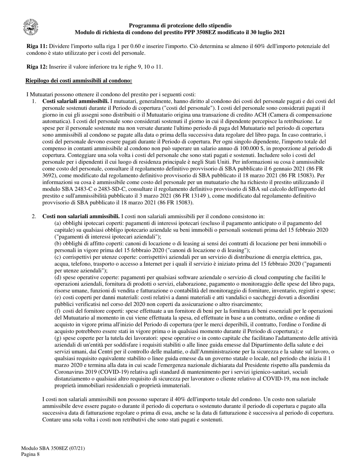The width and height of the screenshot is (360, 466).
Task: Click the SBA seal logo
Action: coord(30,27)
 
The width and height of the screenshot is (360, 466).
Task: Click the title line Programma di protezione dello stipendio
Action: coord(180,26)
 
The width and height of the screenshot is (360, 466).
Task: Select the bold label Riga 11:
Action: coord(37,46)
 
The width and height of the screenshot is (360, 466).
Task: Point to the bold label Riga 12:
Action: coord(37,67)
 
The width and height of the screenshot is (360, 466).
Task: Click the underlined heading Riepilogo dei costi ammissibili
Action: coord(78,81)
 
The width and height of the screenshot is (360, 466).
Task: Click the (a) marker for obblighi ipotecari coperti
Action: coord(58,223)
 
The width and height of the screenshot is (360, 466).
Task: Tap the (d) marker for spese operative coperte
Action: coord(58,277)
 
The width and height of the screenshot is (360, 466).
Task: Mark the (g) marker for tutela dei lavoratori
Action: coord(58,338)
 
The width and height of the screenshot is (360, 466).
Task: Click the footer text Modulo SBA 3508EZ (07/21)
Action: coord(53,448)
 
